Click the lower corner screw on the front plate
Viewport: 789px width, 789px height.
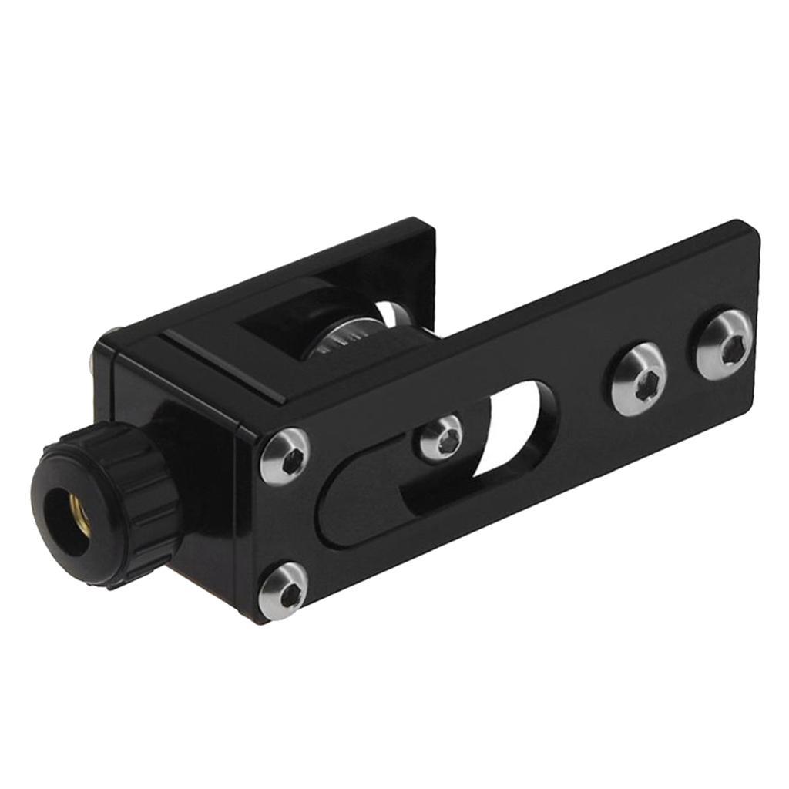pyautogui.click(x=284, y=590)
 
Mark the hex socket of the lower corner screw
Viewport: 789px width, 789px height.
pyautogui.click(x=289, y=593)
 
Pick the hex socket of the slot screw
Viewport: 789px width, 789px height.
pyautogui.click(x=446, y=440)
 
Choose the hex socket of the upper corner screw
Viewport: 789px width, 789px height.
pyautogui.click(x=291, y=461)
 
